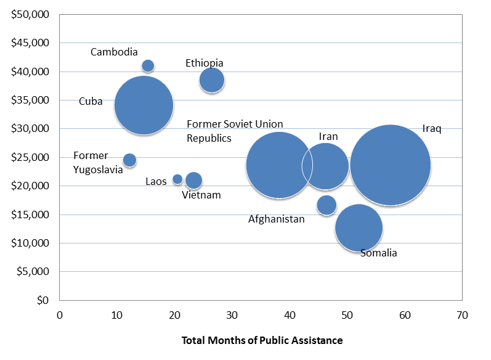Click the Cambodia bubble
click(148, 66)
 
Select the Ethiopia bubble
click(212, 80)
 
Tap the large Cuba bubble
click(144, 105)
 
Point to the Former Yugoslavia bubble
click(129, 160)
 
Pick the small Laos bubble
click(177, 179)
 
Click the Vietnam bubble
click(194, 181)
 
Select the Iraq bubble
click(391, 165)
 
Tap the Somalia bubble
click(359, 228)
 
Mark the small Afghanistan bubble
click(327, 205)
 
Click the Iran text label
click(328, 137)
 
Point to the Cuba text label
click(91, 102)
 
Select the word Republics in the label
click(209, 139)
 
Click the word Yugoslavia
click(98, 170)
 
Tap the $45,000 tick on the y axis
click(30, 43)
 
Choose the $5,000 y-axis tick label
click(33, 271)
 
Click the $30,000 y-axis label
click(30, 128)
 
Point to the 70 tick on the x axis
click(462, 315)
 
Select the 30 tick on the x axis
click(232, 315)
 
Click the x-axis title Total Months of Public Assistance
click(262, 340)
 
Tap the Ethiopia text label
click(204, 63)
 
